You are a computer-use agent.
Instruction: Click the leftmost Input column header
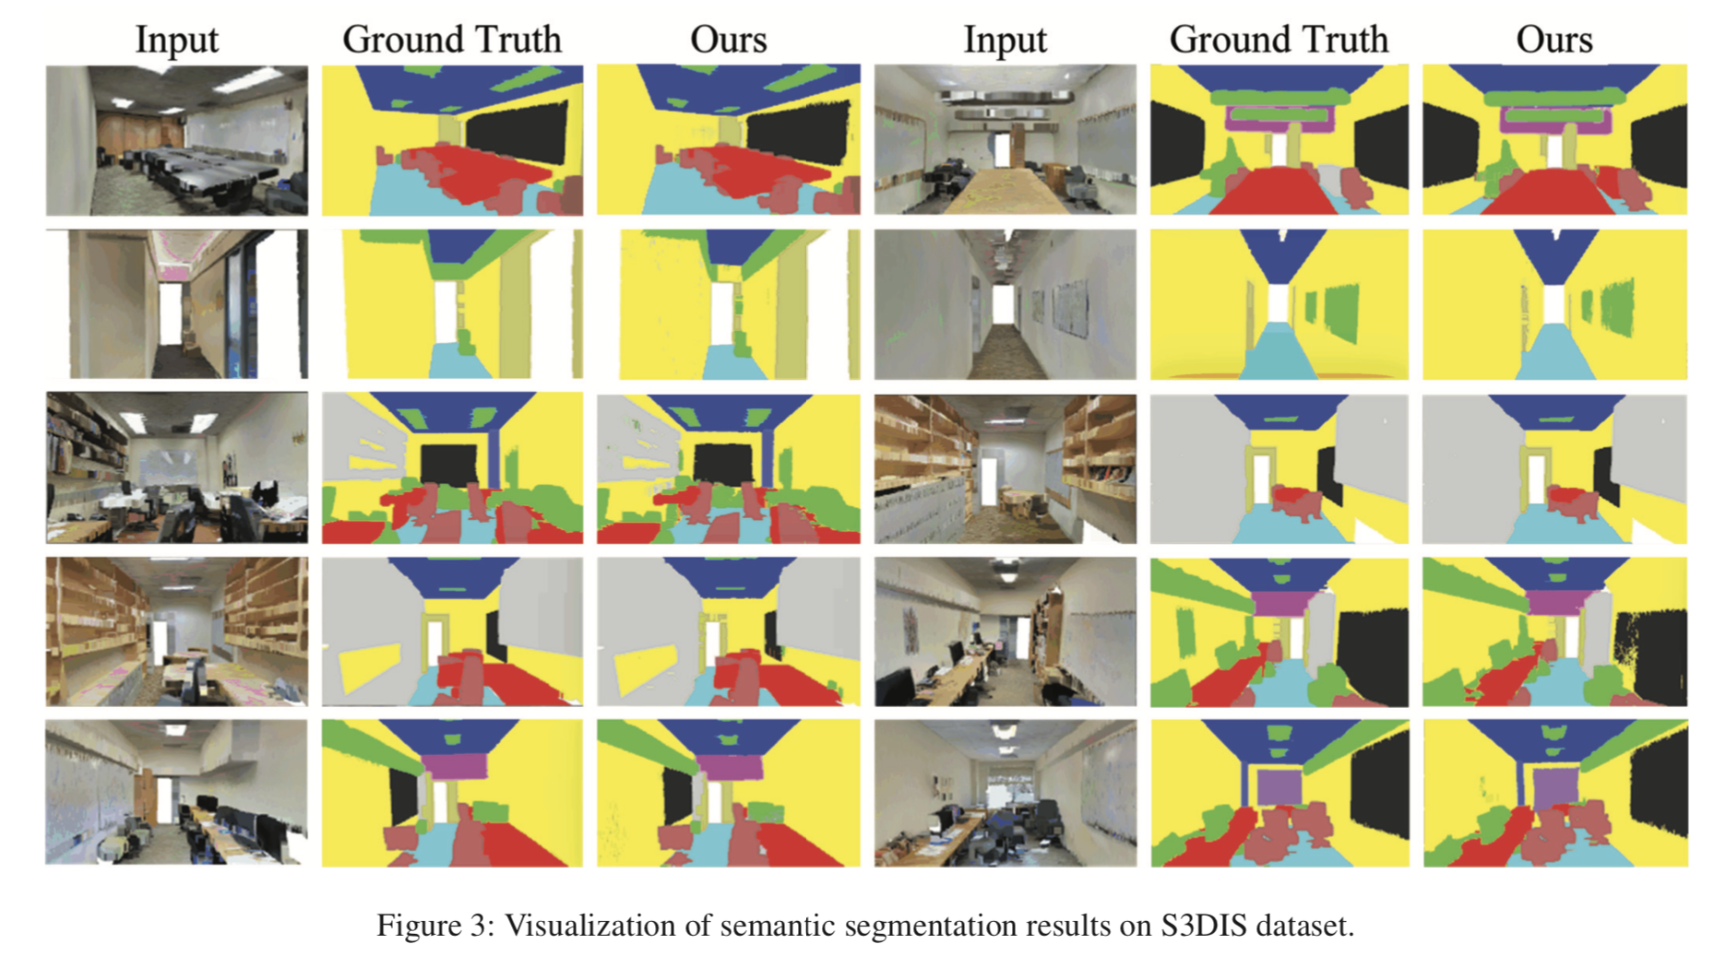(x=176, y=40)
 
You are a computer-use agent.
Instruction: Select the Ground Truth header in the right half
(x=1279, y=40)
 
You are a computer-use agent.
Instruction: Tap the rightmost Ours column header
(x=1554, y=40)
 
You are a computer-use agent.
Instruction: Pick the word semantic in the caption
(x=779, y=925)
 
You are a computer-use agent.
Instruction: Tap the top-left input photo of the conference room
(x=176, y=140)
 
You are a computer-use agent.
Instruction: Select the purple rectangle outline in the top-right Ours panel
(x=1555, y=121)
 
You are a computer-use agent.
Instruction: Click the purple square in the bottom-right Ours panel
(x=1555, y=788)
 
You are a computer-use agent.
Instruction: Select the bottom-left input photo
(x=176, y=793)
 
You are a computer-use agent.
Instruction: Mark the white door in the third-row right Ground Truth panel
(x=1260, y=480)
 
